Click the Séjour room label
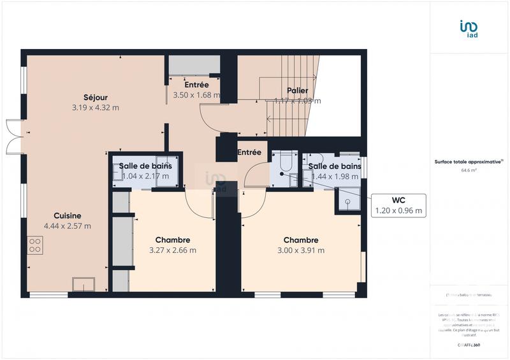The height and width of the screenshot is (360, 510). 96,97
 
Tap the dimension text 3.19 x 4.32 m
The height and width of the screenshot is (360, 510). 96,108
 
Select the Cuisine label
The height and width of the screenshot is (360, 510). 67,215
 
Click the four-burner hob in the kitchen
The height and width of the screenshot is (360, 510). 35,245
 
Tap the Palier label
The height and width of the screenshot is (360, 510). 297,90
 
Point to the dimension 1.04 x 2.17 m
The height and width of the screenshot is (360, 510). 145,176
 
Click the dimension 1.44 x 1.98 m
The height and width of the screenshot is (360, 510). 335,176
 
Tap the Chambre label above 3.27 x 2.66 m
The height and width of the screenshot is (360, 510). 172,240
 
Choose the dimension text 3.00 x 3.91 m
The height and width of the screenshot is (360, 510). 300,250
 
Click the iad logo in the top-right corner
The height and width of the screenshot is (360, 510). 469,29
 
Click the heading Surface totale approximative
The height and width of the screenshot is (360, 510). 469,162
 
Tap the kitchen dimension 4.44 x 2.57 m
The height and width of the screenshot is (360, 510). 67,226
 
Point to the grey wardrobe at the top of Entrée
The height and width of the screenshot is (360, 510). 194,65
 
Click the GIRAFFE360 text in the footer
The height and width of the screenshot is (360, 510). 469,345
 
